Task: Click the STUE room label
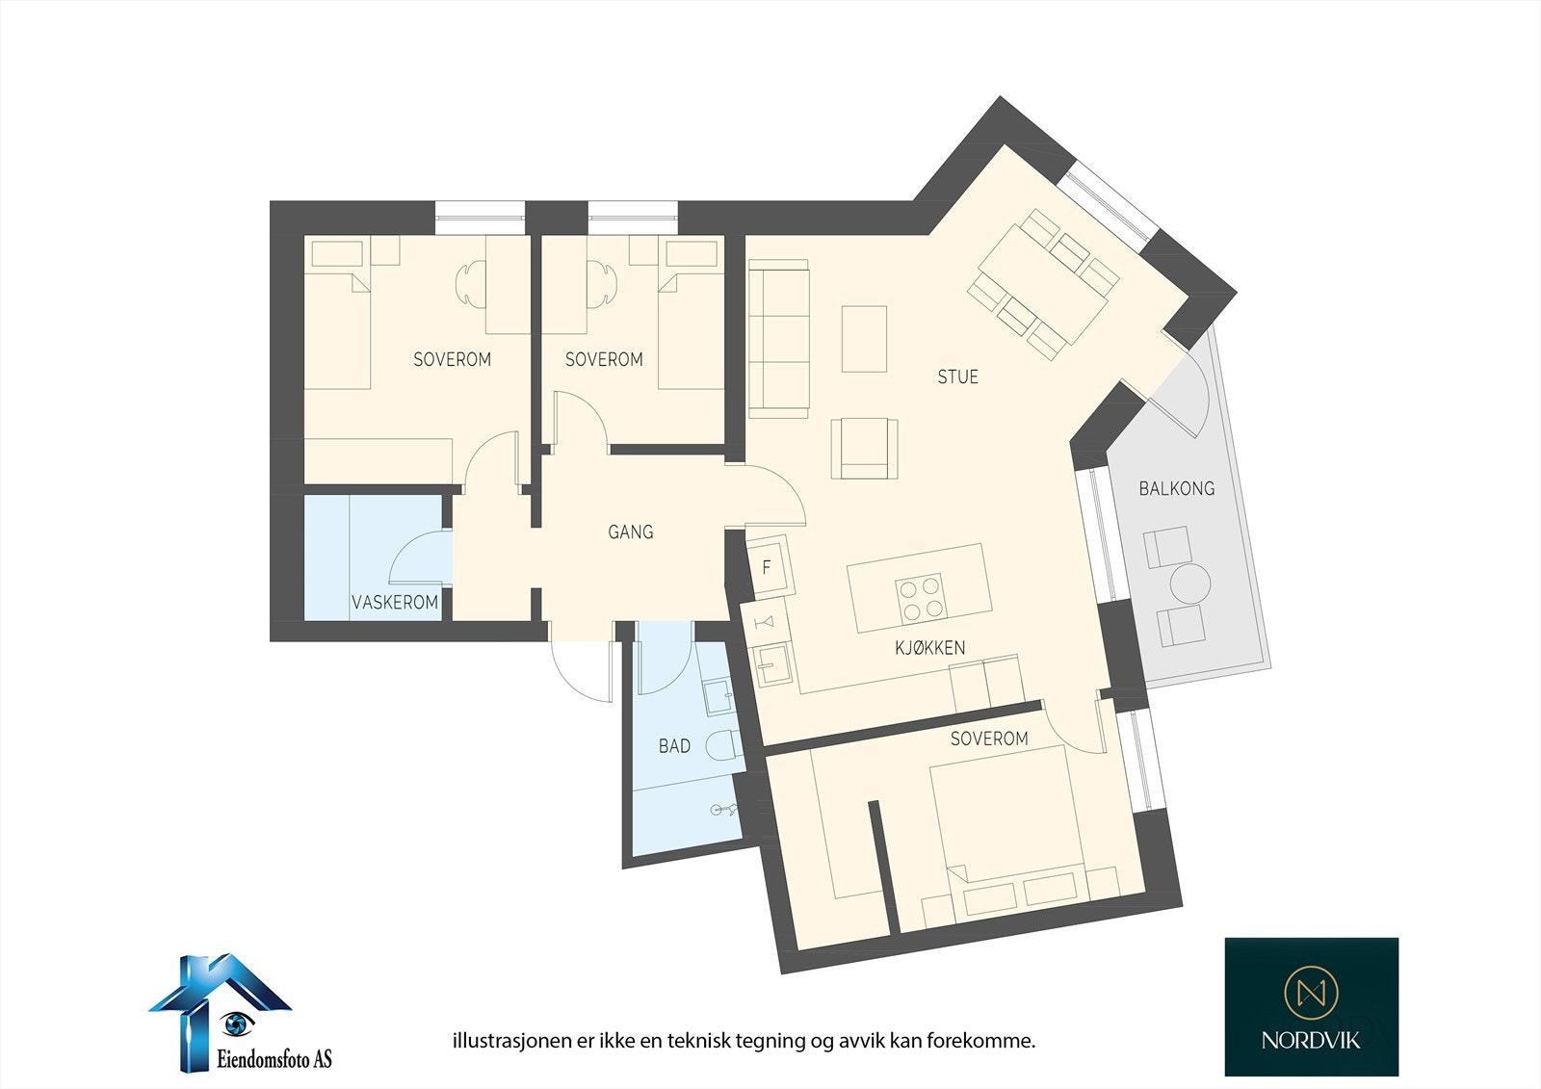click(x=957, y=376)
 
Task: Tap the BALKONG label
click(x=1176, y=488)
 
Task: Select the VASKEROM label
click(x=395, y=603)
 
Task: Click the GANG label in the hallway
click(x=631, y=532)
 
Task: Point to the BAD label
click(x=674, y=745)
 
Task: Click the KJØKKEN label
click(x=929, y=648)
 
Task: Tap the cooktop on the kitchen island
click(x=920, y=598)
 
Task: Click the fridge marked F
click(x=768, y=567)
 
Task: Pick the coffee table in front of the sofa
click(x=864, y=339)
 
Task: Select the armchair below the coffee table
click(x=865, y=449)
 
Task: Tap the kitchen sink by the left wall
click(x=771, y=664)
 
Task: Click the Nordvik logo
click(x=1311, y=1006)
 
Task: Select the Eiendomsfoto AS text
click(x=272, y=1059)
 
